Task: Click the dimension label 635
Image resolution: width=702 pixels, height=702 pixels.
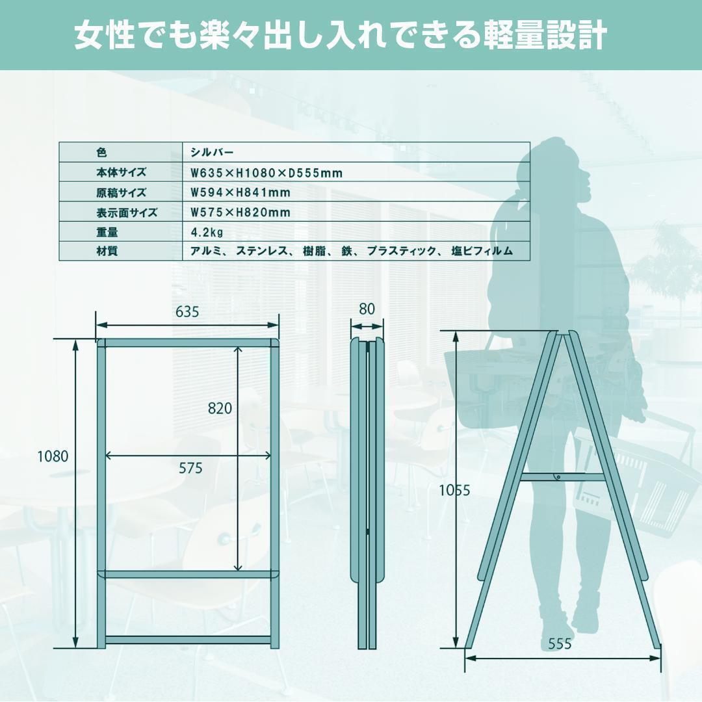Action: tap(187, 311)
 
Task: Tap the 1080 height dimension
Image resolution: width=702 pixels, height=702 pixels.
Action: tap(53, 456)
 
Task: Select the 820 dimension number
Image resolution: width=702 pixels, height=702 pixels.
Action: tap(220, 409)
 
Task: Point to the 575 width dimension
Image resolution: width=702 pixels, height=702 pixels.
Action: tap(190, 468)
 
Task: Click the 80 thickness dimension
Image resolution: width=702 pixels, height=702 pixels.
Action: tap(367, 309)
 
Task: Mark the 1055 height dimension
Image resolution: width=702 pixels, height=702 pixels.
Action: tap(454, 491)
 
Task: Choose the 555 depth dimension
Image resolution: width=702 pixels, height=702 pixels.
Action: tap(560, 643)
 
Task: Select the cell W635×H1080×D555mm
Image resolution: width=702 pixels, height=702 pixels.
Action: tap(266, 173)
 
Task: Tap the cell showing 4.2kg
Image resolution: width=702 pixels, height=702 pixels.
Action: tap(207, 232)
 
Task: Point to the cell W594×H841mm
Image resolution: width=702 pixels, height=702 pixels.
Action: tap(240, 193)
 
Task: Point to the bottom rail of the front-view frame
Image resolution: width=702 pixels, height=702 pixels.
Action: tap(188, 640)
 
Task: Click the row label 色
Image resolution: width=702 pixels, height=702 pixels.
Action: tap(101, 153)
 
